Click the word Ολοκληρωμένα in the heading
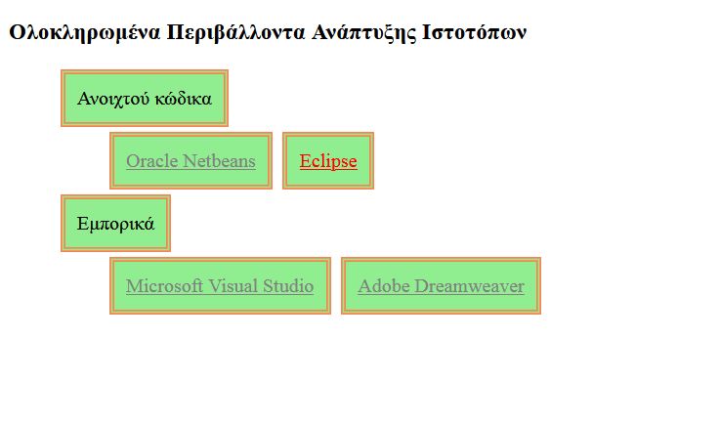(x=85, y=33)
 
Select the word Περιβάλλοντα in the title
(x=235, y=33)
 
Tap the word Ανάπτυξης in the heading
(x=363, y=33)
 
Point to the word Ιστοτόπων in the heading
(x=474, y=33)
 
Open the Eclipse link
(x=328, y=161)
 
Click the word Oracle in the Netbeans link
(x=152, y=161)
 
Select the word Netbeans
(x=220, y=161)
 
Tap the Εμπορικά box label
(x=115, y=224)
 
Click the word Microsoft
(x=164, y=286)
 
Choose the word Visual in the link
(x=233, y=286)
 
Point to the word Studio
(x=288, y=286)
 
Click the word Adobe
(x=384, y=286)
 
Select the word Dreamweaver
(x=469, y=286)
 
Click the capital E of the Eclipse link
(x=306, y=161)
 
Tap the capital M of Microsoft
(x=134, y=286)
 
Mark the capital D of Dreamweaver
(x=421, y=286)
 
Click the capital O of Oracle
(x=133, y=161)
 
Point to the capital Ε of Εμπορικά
(x=82, y=224)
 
